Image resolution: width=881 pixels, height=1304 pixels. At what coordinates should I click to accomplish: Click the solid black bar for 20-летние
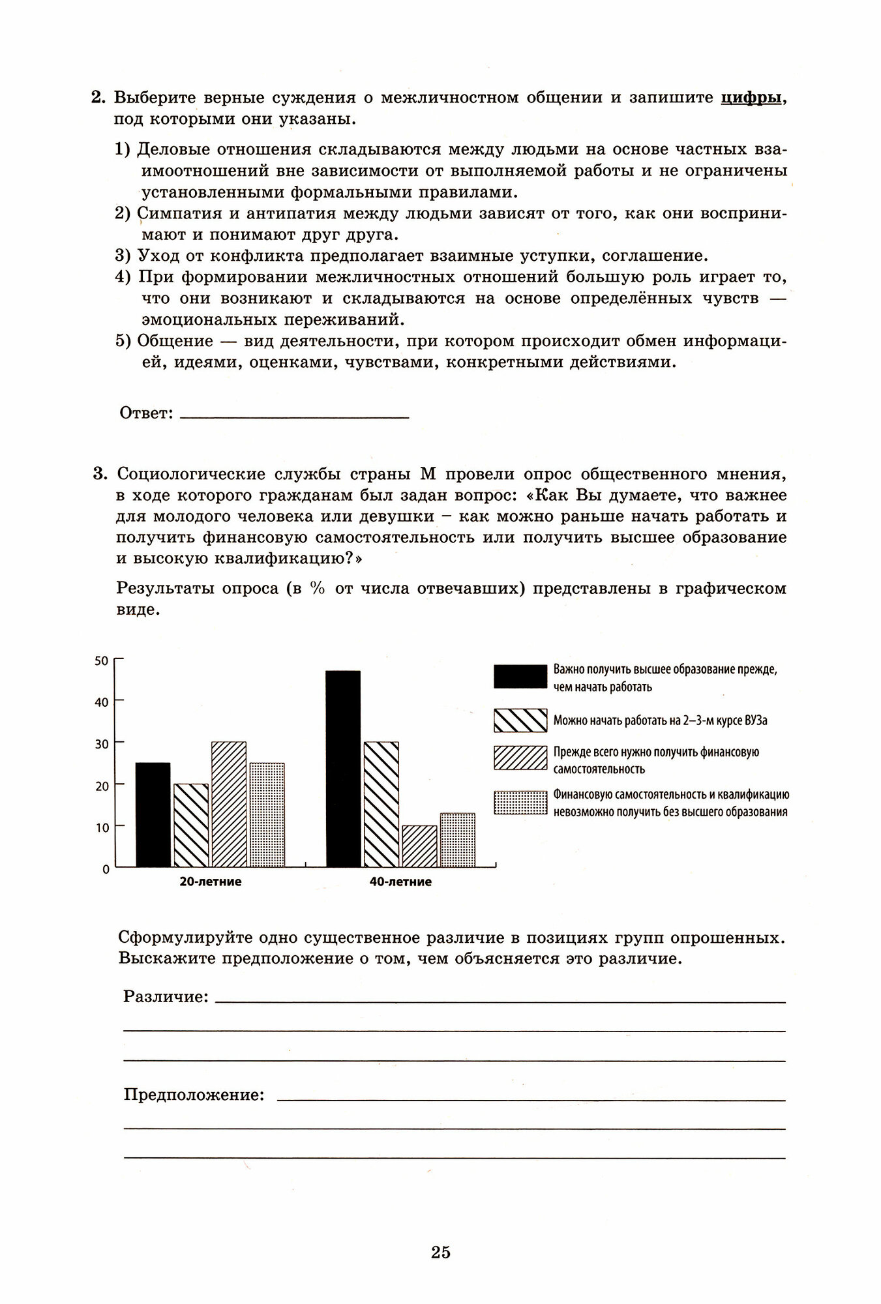(x=153, y=814)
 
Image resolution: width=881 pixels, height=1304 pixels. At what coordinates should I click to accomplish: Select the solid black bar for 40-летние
(x=343, y=769)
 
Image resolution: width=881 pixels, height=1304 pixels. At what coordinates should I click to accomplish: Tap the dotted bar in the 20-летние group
(x=267, y=814)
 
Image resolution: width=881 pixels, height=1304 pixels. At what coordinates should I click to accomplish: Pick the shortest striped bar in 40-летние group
(x=419, y=846)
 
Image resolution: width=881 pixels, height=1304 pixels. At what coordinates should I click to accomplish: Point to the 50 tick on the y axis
(x=101, y=660)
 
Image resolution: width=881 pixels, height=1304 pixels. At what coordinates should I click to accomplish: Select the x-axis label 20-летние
(x=211, y=882)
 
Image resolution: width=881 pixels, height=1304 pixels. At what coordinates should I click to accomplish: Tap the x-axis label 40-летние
(x=400, y=882)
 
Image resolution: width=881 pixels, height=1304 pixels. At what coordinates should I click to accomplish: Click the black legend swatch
(x=520, y=677)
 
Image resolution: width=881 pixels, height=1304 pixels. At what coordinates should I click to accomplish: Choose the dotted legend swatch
(x=520, y=803)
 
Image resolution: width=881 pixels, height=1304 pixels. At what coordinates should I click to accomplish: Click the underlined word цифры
(x=751, y=98)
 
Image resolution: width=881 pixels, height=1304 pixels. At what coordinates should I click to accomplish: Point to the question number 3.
(x=98, y=473)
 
